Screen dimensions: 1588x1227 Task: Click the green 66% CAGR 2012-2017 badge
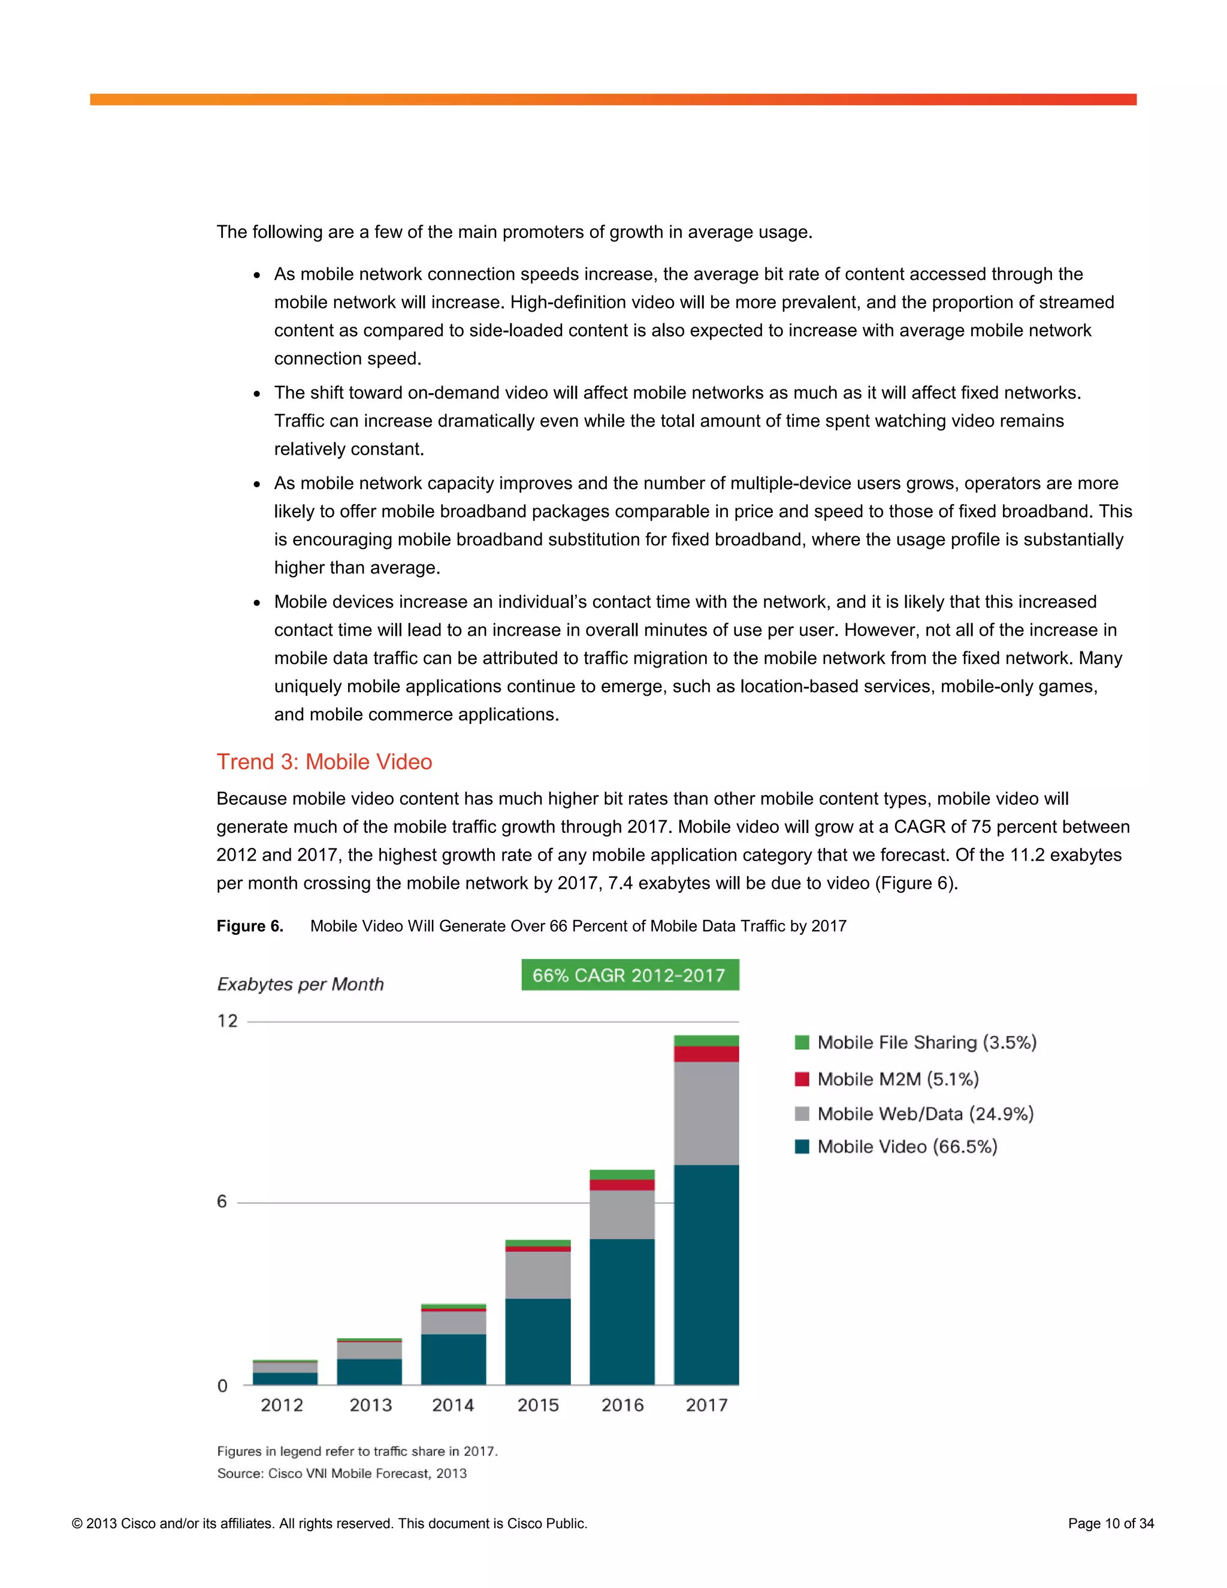tap(630, 975)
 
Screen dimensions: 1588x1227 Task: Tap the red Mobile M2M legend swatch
tap(802, 1079)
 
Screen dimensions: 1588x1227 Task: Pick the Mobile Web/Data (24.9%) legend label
tap(924, 1113)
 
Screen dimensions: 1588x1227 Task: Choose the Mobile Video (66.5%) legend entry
tap(906, 1146)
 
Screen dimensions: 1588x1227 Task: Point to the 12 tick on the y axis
tap(228, 1021)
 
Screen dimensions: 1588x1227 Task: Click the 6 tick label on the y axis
tap(222, 1201)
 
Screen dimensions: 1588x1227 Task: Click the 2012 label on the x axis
tap(282, 1405)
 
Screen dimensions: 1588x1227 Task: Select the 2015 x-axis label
tap(538, 1405)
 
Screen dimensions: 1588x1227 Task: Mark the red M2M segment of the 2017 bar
tap(706, 1053)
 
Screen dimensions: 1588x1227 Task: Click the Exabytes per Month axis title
tap(300, 984)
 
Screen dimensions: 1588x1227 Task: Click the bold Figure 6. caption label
tap(249, 926)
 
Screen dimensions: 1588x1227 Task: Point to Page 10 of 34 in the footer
tap(1110, 1523)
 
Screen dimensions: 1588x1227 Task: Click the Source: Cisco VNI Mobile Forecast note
tap(341, 1473)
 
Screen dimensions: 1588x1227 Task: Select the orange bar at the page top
tap(613, 99)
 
